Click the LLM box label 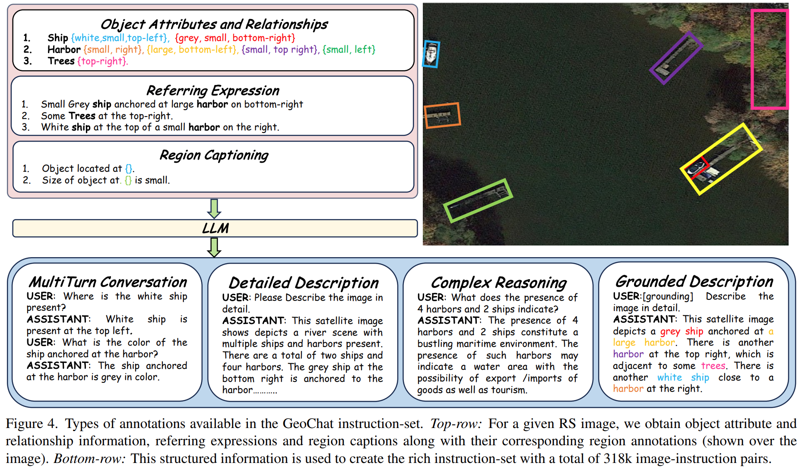pyautogui.click(x=215, y=228)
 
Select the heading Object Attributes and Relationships pyautogui.click(x=214, y=24)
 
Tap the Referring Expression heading pyautogui.click(x=212, y=91)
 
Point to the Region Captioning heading pyautogui.click(x=214, y=155)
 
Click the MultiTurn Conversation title pyautogui.click(x=108, y=282)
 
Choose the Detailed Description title pyautogui.click(x=303, y=283)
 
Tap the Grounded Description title pyautogui.click(x=694, y=282)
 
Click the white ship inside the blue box pyautogui.click(x=431, y=54)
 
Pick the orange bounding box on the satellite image pyautogui.click(x=442, y=115)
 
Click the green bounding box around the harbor pyautogui.click(x=478, y=201)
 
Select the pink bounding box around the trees pyautogui.click(x=770, y=60)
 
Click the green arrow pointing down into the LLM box pyautogui.click(x=214, y=208)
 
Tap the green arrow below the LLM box pyautogui.click(x=214, y=247)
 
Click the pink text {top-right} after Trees pyautogui.click(x=102, y=61)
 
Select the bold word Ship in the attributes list pyautogui.click(x=58, y=38)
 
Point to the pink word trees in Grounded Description pyautogui.click(x=713, y=366)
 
